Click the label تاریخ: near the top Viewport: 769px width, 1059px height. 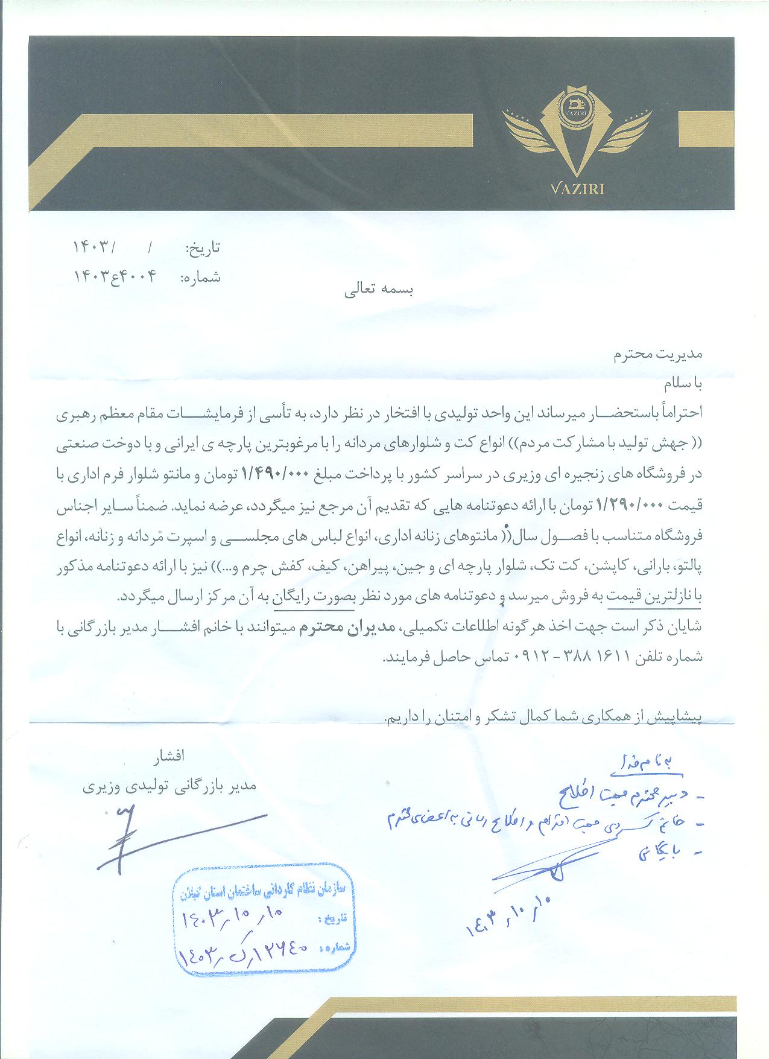[x=203, y=247]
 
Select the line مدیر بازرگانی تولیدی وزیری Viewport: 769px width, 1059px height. [x=169, y=786]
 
